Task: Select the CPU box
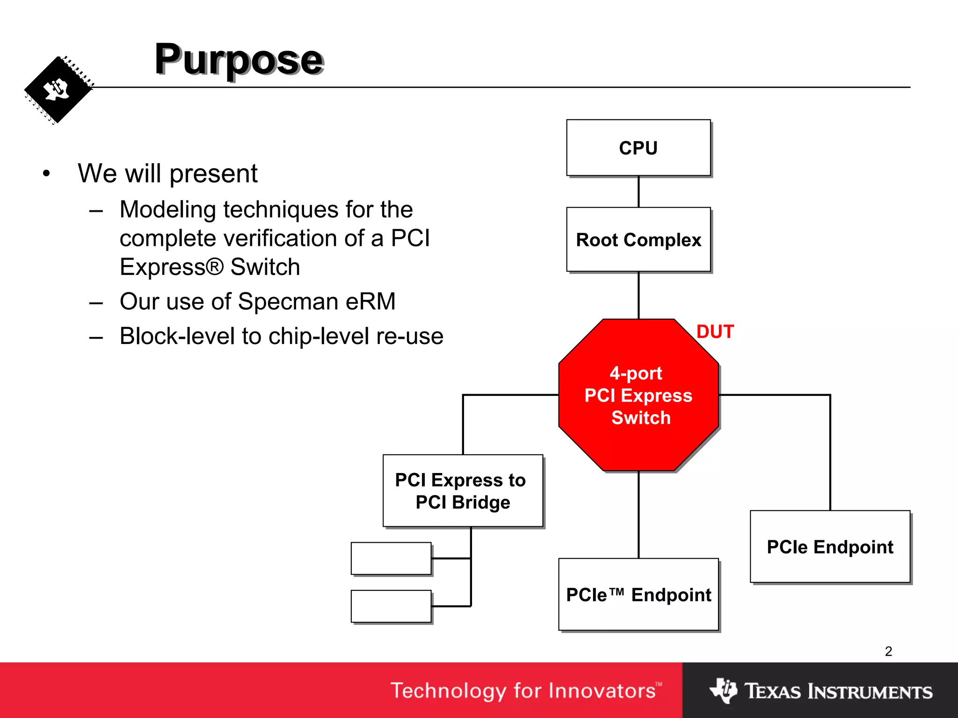coord(638,148)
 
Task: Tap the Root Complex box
coord(638,239)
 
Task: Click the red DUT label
coord(715,332)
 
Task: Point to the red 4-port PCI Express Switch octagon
coord(638,395)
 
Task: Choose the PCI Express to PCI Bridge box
coord(463,491)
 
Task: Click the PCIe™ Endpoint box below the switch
coord(638,595)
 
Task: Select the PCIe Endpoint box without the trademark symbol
coord(830,546)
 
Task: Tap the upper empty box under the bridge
coord(391,558)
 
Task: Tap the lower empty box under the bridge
coord(391,606)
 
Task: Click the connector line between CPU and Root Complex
coord(639,192)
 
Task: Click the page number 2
coord(888,651)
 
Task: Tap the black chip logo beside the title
coord(58,90)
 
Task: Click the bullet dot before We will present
coord(46,174)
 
